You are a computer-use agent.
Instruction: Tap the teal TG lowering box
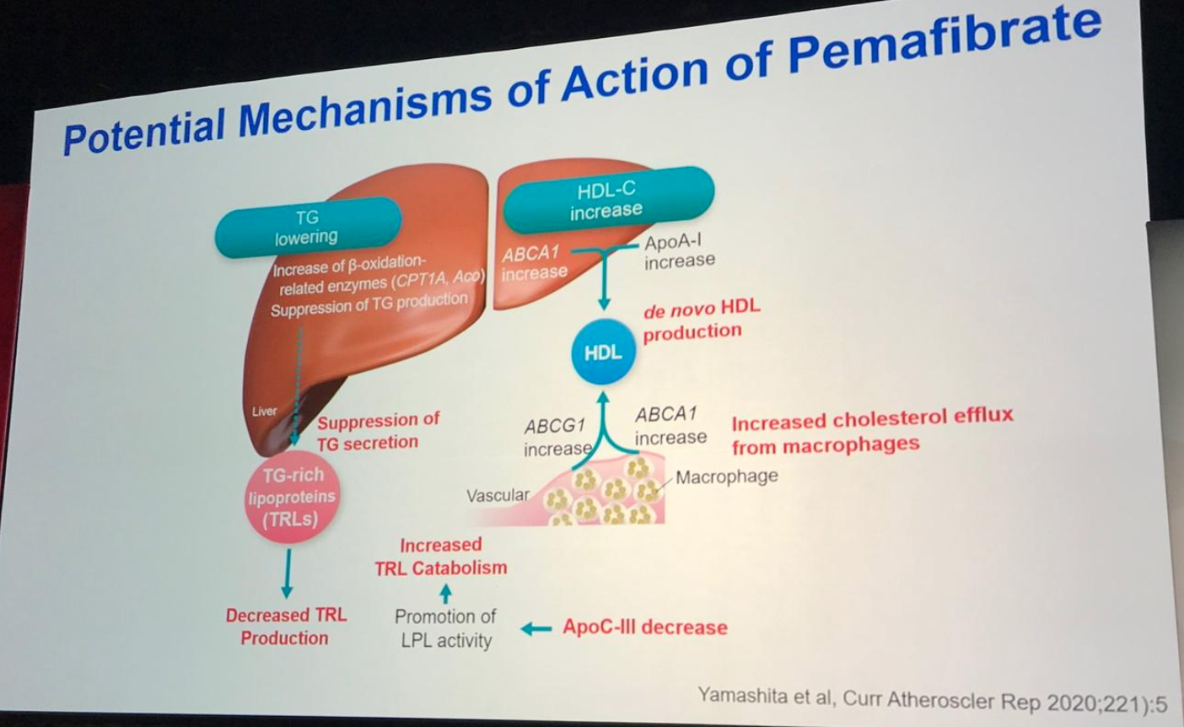(x=307, y=227)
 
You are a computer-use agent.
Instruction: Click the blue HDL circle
(x=602, y=352)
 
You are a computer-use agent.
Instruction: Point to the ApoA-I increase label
(x=679, y=251)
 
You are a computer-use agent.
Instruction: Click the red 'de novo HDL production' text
(x=701, y=320)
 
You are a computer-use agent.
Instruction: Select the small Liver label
(x=264, y=412)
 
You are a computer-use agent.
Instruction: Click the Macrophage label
(x=726, y=477)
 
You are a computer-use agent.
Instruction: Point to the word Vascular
(x=498, y=495)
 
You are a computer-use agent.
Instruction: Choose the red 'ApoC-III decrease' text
(x=645, y=627)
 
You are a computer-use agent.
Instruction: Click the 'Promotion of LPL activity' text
(x=445, y=628)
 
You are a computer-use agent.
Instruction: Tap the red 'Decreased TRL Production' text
(x=286, y=627)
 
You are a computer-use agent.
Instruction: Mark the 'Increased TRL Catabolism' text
(x=441, y=557)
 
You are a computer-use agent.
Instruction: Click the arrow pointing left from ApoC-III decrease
(x=536, y=628)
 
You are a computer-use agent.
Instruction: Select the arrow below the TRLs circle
(x=287, y=573)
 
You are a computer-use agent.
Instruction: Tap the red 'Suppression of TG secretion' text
(x=379, y=431)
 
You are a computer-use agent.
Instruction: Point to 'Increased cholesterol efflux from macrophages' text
(x=871, y=432)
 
